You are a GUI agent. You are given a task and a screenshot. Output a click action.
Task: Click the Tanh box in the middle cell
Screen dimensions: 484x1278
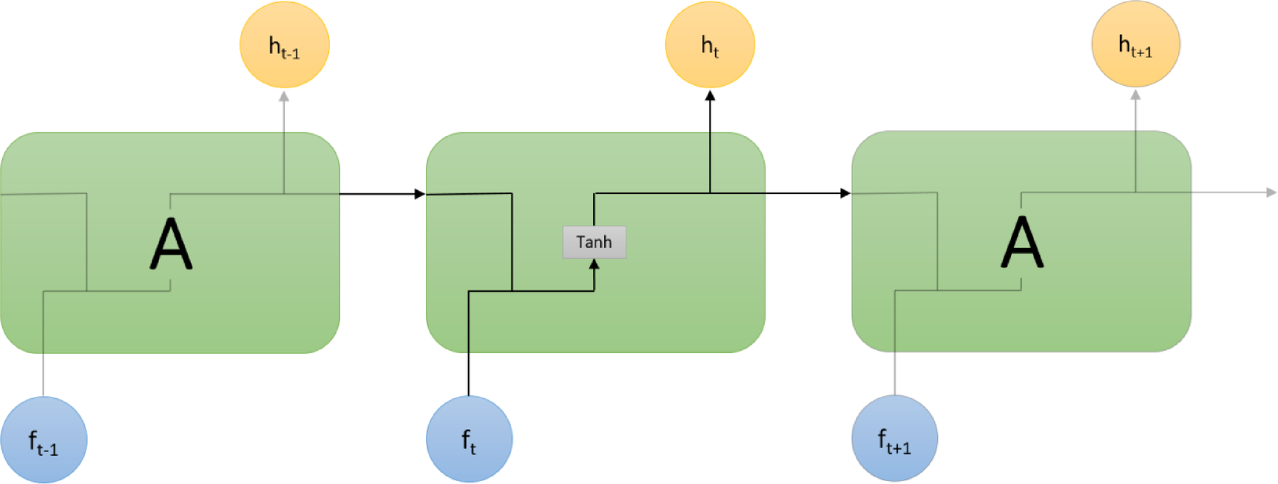[x=594, y=242]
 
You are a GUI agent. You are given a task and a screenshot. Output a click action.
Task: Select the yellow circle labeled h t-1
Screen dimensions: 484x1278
[x=284, y=45]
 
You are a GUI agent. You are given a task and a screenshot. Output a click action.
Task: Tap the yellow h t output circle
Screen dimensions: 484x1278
[x=710, y=44]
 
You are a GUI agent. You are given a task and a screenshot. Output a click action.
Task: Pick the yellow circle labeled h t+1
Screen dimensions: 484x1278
[x=1135, y=44]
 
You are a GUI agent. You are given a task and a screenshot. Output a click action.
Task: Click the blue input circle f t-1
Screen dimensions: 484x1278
[x=44, y=440]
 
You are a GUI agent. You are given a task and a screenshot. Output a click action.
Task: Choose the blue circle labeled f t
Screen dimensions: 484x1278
[x=469, y=439]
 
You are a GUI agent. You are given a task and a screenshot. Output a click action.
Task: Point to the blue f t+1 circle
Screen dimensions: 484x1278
[x=895, y=438]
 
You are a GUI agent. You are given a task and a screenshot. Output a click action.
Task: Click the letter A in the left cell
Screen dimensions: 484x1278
[x=171, y=244]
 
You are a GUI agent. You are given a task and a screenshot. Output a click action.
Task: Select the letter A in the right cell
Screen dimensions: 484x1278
[x=1022, y=242]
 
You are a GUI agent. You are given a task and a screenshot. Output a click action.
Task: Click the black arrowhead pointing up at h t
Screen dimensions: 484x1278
[x=710, y=95]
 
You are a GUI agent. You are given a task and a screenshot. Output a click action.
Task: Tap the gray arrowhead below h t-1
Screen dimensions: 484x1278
[x=284, y=96]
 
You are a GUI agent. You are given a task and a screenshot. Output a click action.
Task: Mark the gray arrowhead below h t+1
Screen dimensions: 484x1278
[x=1135, y=95]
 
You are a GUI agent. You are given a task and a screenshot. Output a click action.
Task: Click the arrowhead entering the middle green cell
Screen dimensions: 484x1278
[x=420, y=194]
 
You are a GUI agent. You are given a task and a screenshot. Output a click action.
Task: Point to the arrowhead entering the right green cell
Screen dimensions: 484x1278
[x=845, y=193]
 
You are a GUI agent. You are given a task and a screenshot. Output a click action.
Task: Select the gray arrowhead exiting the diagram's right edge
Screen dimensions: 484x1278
[x=1271, y=192]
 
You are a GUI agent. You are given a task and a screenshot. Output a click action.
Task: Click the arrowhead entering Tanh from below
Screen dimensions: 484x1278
[x=594, y=264]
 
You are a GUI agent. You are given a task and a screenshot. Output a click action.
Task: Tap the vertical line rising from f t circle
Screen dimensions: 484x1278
[x=469, y=348]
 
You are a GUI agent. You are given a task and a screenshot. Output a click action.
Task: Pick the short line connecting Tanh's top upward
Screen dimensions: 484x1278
[x=594, y=210]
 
